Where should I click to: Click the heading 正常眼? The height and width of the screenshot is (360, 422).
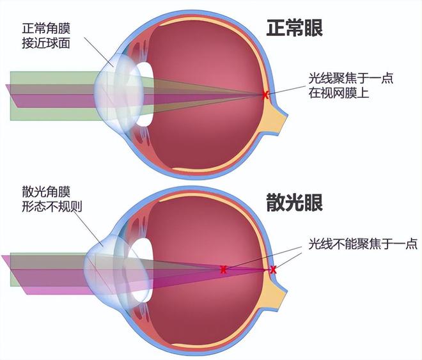(294, 29)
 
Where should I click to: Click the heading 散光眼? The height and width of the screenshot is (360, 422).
(294, 203)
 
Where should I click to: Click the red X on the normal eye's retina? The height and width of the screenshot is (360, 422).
(265, 95)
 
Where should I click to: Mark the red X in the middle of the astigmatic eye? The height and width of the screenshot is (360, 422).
(223, 270)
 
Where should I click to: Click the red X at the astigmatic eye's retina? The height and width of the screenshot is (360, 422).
(273, 270)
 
